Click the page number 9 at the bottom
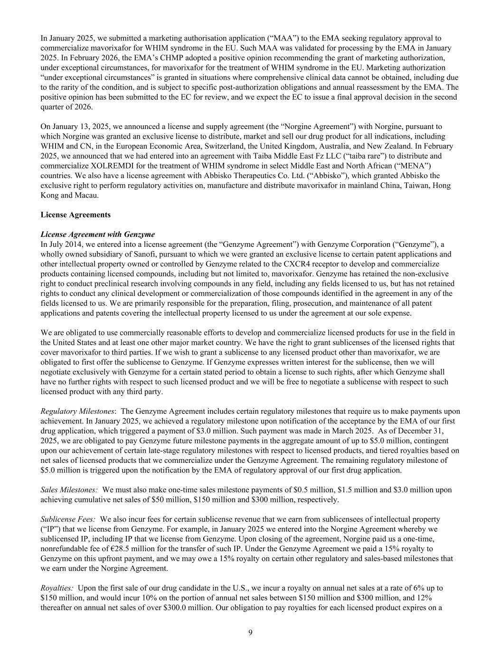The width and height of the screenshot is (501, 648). pyautogui.click(x=250, y=632)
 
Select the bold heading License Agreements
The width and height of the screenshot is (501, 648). pyautogui.click(x=76, y=215)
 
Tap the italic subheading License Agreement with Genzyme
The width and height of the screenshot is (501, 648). pyautogui.click(x=98, y=235)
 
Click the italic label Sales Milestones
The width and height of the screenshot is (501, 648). pyautogui.click(x=69, y=489)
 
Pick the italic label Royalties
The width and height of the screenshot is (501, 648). pyautogui.click(x=57, y=588)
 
